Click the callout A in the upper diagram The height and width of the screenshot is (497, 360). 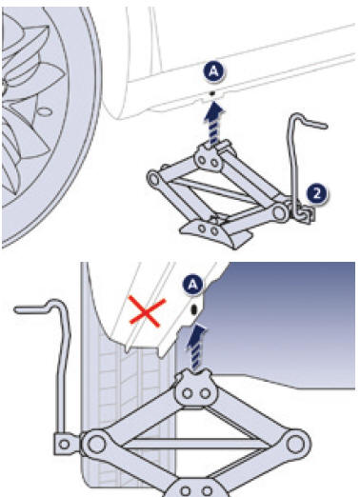[x=213, y=71]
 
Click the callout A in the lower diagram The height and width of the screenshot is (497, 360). [x=193, y=285]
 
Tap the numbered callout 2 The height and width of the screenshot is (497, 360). [x=317, y=194]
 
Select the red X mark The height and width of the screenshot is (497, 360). [x=148, y=312]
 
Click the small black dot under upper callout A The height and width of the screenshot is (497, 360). [x=212, y=93]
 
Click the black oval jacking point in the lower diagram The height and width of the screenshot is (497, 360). [x=194, y=309]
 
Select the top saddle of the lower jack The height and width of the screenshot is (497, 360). [x=197, y=388]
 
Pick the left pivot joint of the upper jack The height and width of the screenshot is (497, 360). [x=154, y=179]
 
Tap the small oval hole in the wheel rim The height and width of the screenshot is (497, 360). [x=45, y=111]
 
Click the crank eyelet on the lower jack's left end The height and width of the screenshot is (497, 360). [x=66, y=444]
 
